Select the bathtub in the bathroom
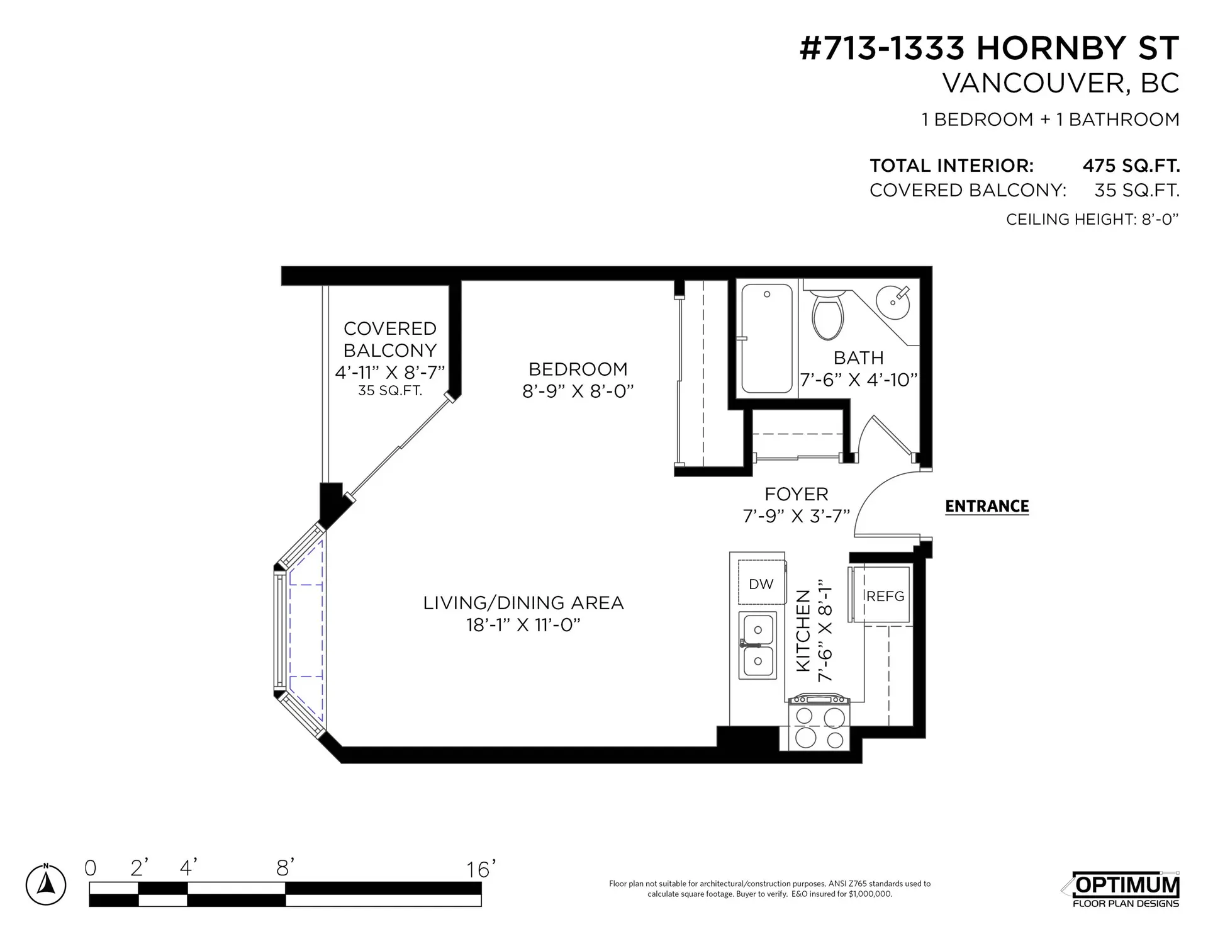click(766, 339)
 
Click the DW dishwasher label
click(761, 584)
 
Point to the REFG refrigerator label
click(885, 596)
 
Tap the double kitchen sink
click(758, 645)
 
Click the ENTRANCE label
click(987, 506)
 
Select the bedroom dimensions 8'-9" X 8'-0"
click(578, 391)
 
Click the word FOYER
click(796, 494)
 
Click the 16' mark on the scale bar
click(481, 870)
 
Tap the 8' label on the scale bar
click(286, 869)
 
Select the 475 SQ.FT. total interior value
click(1131, 166)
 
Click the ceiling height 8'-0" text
click(1092, 219)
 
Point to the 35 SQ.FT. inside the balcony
click(390, 390)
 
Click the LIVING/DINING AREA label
click(523, 603)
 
